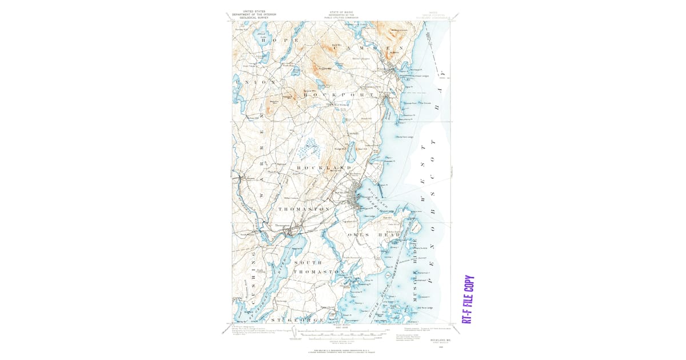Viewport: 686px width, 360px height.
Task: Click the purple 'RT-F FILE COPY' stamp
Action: tap(468, 300)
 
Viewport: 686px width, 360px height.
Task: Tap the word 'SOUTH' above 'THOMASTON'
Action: tap(308, 262)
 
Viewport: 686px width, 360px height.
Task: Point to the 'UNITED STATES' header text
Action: tap(255, 11)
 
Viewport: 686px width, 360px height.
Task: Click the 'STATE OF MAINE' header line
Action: tap(341, 12)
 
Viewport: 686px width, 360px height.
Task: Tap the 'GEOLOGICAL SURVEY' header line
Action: tap(255, 18)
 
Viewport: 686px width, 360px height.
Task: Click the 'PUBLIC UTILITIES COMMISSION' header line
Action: tap(341, 18)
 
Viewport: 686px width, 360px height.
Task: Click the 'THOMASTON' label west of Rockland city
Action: tap(304, 210)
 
